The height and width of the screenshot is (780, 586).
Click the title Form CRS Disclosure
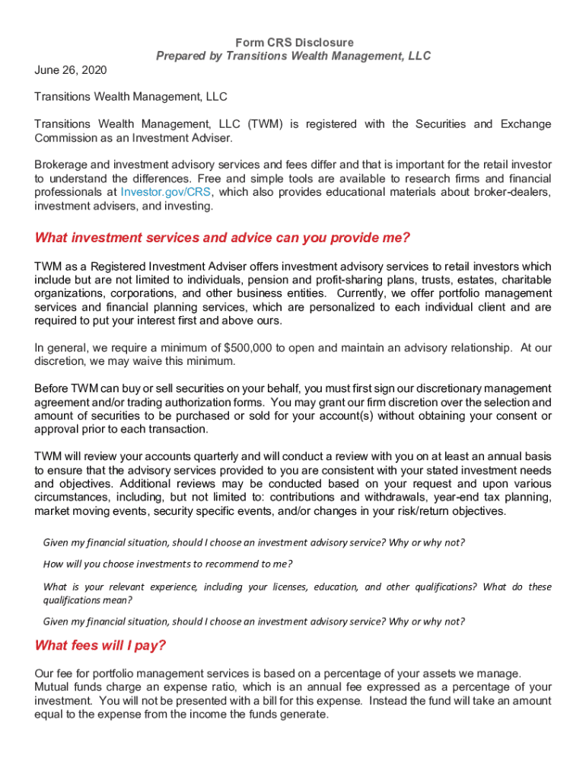[293, 43]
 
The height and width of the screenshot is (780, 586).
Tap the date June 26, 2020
[71, 70]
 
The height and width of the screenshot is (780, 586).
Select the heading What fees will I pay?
[100, 646]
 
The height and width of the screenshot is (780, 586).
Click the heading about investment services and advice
[222, 238]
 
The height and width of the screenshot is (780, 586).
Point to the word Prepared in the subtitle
[181, 56]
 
